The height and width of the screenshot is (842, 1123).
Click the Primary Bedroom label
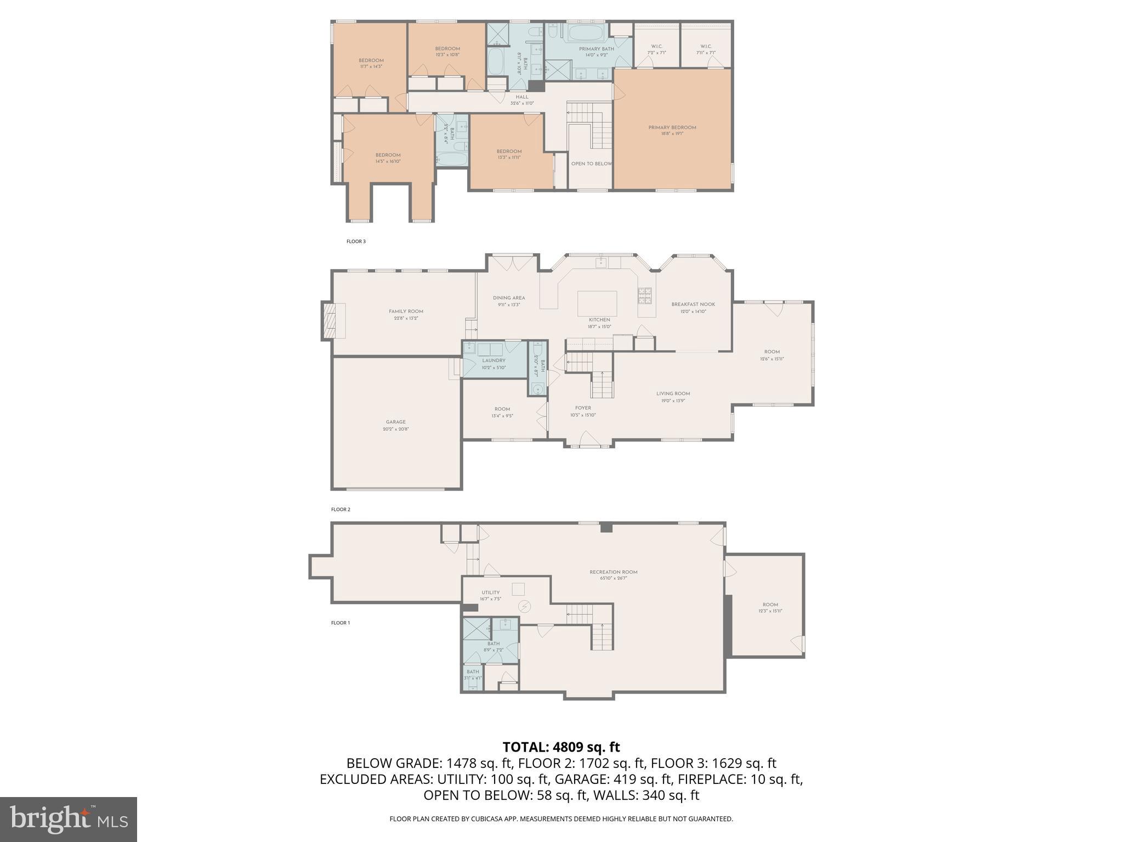pyautogui.click(x=672, y=128)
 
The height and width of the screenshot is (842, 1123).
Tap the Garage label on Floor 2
pyautogui.click(x=395, y=422)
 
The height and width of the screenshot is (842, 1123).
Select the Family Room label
pyautogui.click(x=406, y=311)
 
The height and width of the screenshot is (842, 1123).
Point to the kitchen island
pyautogui.click(x=597, y=303)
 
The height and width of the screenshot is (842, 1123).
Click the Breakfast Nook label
pyautogui.click(x=693, y=304)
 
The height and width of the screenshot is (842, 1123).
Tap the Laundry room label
pyautogui.click(x=494, y=361)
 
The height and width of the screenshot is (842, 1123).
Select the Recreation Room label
pyautogui.click(x=614, y=572)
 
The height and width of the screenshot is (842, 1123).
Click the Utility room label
pyautogui.click(x=490, y=593)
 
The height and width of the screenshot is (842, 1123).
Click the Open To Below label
pyautogui.click(x=591, y=164)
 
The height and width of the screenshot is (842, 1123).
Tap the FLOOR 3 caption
pyautogui.click(x=356, y=241)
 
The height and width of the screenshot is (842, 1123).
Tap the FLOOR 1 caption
pyautogui.click(x=340, y=623)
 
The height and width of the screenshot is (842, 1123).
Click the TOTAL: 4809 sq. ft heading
pyautogui.click(x=561, y=747)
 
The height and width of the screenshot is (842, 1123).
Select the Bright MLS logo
pyautogui.click(x=69, y=819)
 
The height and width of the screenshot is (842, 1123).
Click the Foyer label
pyautogui.click(x=583, y=408)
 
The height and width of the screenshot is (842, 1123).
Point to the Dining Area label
pyautogui.click(x=509, y=298)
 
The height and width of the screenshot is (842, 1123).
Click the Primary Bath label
pyautogui.click(x=596, y=49)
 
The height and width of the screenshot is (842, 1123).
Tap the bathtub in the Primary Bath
pyautogui.click(x=586, y=32)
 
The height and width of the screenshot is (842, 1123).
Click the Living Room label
pyautogui.click(x=673, y=394)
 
